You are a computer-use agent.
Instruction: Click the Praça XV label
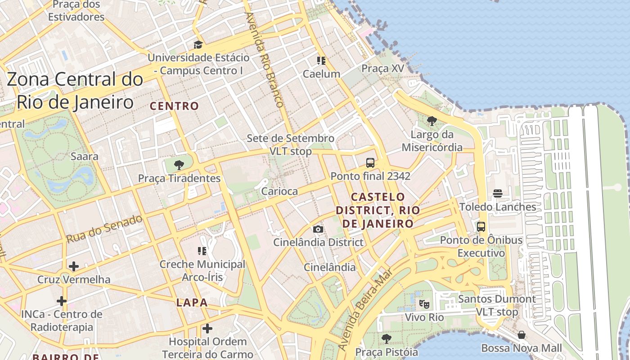point(383,68)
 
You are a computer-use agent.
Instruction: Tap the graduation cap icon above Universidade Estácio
point(198,45)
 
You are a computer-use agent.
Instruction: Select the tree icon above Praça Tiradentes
point(179,165)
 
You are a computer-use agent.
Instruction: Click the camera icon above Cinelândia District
point(318,229)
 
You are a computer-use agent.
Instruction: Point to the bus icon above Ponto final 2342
point(370,163)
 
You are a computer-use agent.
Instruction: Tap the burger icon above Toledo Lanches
point(498,193)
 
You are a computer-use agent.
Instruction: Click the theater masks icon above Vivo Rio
point(424,304)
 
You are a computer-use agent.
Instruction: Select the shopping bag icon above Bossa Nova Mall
point(522,335)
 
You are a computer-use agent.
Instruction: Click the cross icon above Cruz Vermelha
point(74,266)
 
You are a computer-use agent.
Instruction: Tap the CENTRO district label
point(174,106)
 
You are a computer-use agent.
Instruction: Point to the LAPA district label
point(192,302)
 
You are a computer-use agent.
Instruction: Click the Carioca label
point(279,191)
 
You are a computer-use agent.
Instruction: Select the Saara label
point(85,157)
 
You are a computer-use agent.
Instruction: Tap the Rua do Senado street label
point(104,229)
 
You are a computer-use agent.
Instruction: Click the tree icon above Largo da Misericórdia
point(432,121)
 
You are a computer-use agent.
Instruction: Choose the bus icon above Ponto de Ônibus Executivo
point(481,226)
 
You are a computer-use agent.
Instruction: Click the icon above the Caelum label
point(321,60)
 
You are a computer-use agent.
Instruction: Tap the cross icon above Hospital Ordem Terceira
point(207,328)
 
